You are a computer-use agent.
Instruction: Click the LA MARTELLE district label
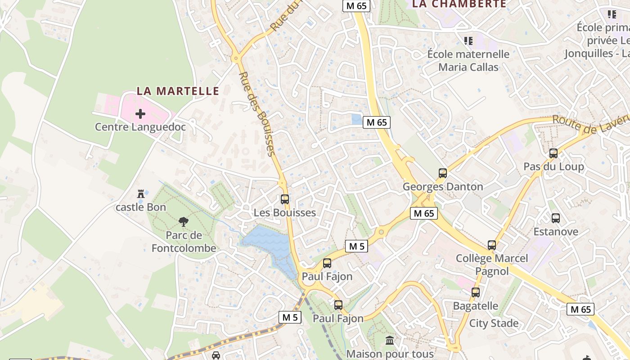[178, 91]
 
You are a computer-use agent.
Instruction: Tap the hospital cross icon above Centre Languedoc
[140, 114]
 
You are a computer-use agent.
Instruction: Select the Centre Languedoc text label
[140, 127]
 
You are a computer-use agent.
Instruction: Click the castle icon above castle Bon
[141, 194]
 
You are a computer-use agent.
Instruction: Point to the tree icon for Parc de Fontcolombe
[183, 221]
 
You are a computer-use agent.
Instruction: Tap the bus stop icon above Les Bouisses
[285, 199]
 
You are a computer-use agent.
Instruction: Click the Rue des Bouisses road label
[257, 114]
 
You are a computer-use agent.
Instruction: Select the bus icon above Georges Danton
[443, 173]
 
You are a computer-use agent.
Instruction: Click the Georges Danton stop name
[443, 187]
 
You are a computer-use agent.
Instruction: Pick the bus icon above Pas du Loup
[553, 153]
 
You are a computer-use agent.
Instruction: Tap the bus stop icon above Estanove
[556, 218]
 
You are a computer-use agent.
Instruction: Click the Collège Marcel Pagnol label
[492, 265]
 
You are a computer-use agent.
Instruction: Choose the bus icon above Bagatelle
[476, 292]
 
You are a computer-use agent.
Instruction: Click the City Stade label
[494, 323]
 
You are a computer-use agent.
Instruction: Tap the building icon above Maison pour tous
[390, 340]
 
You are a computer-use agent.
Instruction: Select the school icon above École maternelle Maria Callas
[468, 41]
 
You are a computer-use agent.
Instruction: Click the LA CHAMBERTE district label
[459, 4]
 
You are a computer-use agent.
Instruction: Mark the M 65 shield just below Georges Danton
[424, 213]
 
